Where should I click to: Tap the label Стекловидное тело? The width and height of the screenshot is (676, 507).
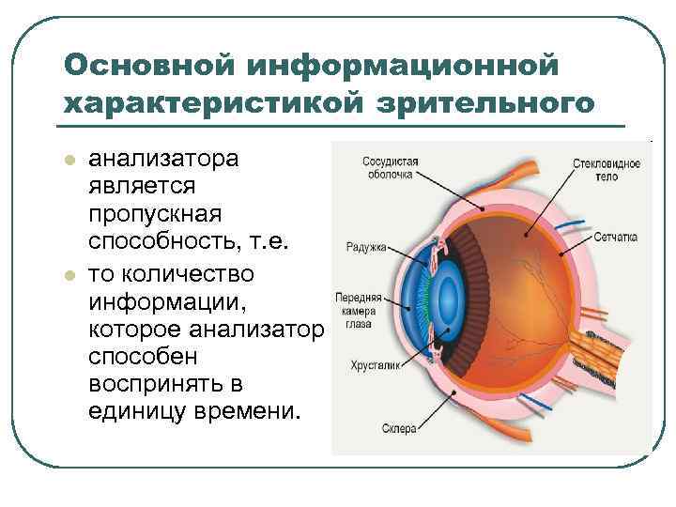coord(606,169)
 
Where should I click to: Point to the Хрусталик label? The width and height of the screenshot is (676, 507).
coord(375,366)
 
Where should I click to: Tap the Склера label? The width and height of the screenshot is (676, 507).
coord(398,429)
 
